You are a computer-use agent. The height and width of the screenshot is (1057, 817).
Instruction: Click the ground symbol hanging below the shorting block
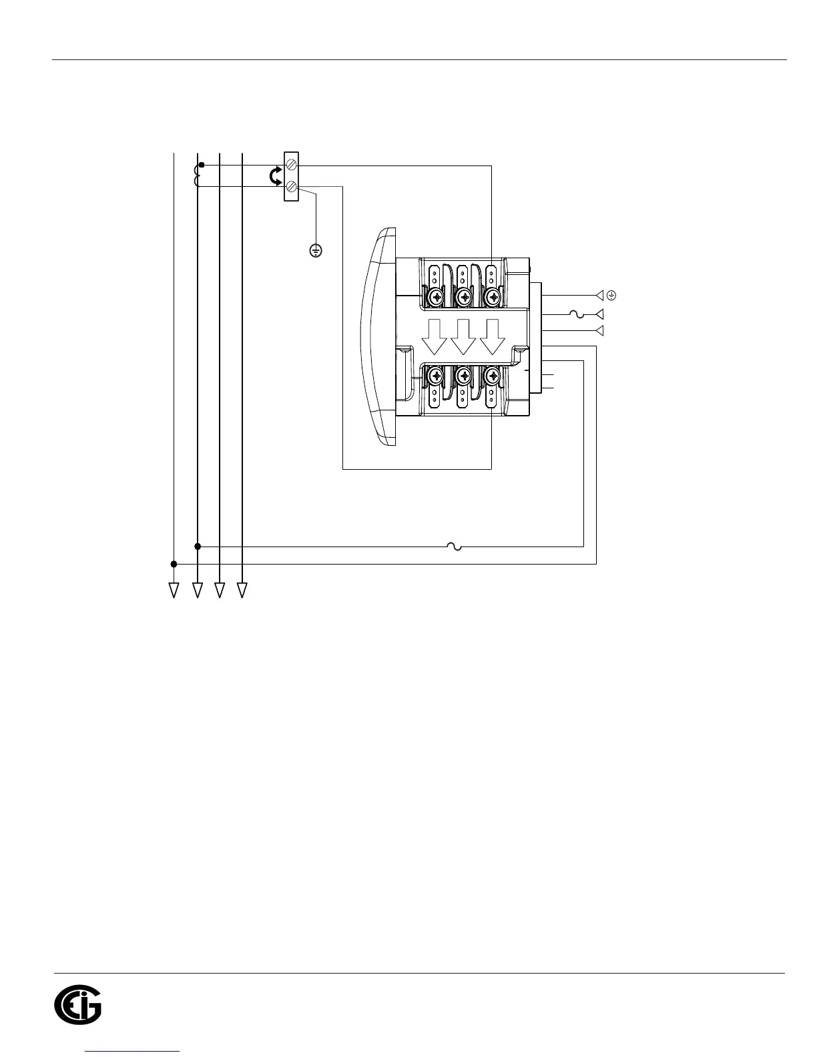click(316, 250)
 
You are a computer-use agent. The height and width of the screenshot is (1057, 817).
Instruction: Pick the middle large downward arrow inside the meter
click(464, 337)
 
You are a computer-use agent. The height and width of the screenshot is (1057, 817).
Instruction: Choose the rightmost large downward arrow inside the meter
click(493, 337)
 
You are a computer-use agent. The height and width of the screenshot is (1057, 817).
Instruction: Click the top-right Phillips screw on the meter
click(493, 296)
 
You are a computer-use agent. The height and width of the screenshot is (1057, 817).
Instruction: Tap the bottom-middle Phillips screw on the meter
click(464, 377)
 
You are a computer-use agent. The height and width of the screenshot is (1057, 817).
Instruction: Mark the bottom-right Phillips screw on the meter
click(493, 377)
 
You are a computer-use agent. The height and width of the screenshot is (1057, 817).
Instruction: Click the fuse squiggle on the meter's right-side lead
click(576, 314)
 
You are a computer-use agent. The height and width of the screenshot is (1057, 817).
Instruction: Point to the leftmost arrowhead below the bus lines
click(174, 590)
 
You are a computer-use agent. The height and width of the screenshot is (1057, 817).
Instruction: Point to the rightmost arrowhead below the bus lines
click(242, 590)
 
